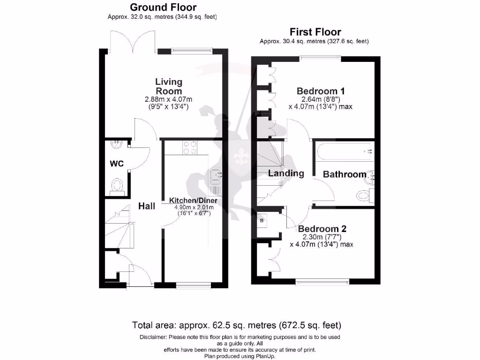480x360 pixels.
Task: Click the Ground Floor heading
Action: pyautogui.click(x=163, y=7)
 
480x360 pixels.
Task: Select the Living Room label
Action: pyautogui.click(x=169, y=87)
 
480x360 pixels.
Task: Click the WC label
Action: pyautogui.click(x=117, y=164)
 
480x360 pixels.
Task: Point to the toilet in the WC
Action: pyautogui.click(x=116, y=186)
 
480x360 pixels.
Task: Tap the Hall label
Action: pyautogui.click(x=147, y=206)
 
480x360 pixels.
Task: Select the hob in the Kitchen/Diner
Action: pyautogui.click(x=190, y=148)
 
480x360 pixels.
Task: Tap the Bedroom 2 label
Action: pyautogui.click(x=322, y=229)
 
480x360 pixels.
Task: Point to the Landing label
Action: pyautogui.click(x=286, y=173)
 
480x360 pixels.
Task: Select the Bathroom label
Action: pyautogui.click(x=345, y=174)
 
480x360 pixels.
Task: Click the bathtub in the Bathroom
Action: pyautogui.click(x=345, y=151)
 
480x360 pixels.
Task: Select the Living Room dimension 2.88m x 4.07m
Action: pyautogui.click(x=169, y=99)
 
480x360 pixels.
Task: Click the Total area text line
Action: pyautogui.click(x=236, y=325)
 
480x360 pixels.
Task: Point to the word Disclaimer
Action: pyautogui.click(x=153, y=337)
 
